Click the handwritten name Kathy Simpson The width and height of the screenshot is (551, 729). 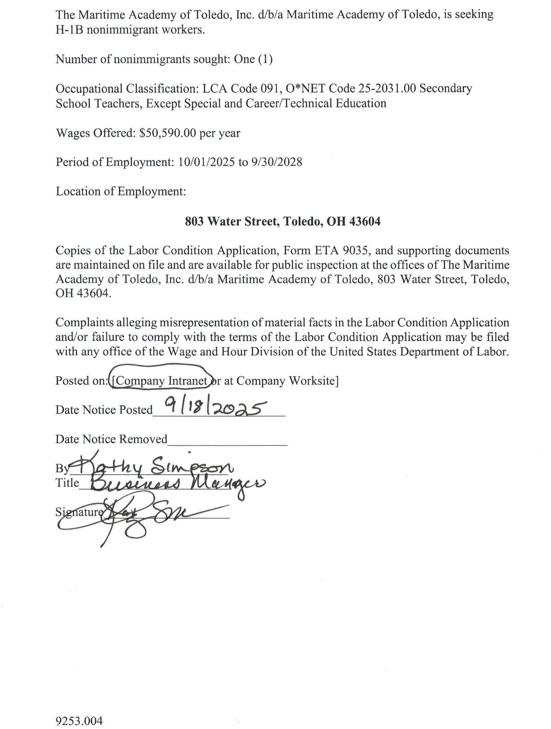(x=153, y=466)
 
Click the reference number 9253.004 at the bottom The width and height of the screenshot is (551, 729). (x=79, y=711)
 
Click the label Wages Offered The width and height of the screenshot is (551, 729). (x=96, y=133)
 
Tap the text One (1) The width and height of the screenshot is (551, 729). (x=253, y=59)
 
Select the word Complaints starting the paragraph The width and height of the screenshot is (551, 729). (x=85, y=322)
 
